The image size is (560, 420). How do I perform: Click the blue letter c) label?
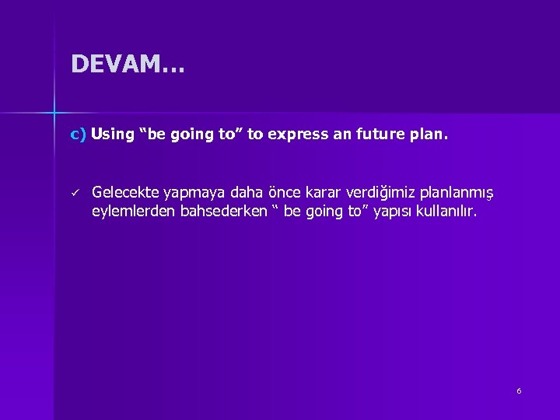pos(78,135)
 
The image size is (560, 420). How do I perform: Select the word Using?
pos(113,135)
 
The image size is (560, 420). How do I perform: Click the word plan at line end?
pos(430,135)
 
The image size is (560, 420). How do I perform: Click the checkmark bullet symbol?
pos(75,192)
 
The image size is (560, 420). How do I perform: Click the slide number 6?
pos(519,390)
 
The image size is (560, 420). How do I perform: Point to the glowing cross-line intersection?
pos(54,114)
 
